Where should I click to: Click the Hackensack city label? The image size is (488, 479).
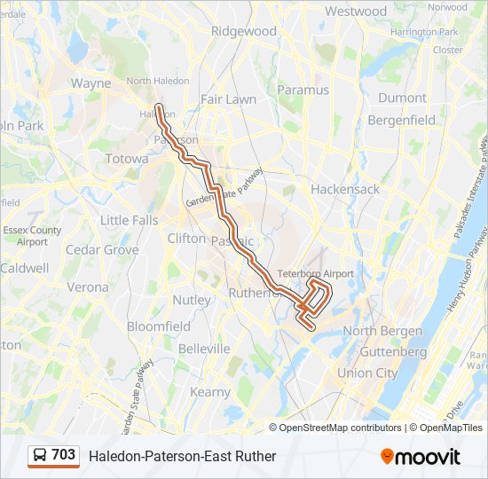345,189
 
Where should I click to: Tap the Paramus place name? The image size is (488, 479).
303,90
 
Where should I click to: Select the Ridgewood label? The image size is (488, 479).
244,31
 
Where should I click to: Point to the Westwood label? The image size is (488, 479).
356,12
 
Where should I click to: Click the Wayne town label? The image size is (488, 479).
91,83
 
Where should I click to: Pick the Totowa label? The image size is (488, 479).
127,159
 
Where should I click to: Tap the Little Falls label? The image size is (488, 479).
129,220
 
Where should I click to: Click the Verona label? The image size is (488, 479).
88,287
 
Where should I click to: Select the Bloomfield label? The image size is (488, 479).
159,326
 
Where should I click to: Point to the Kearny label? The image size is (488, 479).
210,392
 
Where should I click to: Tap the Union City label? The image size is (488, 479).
367,373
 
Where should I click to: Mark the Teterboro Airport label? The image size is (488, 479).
315,273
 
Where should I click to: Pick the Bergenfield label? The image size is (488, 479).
401,120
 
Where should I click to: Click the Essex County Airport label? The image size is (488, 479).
32,236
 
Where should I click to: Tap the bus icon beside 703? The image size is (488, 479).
40,456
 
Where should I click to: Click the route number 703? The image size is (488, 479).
63,455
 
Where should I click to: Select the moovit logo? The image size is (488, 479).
421,457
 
